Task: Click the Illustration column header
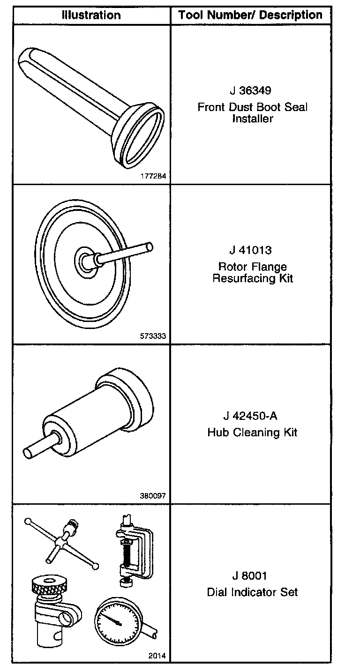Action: (91, 15)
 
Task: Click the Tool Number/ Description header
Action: (250, 15)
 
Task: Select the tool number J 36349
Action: (250, 90)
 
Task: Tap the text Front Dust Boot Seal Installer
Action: (253, 113)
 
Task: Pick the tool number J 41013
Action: (250, 250)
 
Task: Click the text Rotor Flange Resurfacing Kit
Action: (253, 272)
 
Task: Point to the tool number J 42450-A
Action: (250, 416)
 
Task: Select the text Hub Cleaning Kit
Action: (252, 432)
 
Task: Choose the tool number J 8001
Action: (249, 576)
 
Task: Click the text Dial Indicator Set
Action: (252, 592)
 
